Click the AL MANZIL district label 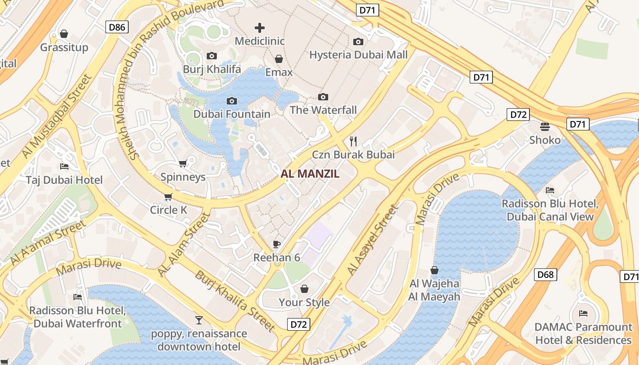coord(310,173)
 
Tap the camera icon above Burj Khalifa coord(212,56)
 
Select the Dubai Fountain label coord(232,114)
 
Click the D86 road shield coord(117,27)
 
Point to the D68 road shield coord(545,274)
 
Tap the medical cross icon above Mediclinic coord(260,28)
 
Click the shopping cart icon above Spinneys coord(183,163)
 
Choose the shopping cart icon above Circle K coord(168,197)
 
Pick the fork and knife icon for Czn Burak coord(353,141)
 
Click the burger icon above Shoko coord(545,126)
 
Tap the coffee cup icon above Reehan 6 coord(277,244)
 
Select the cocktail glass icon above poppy coord(199,320)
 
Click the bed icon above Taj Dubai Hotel coord(64,167)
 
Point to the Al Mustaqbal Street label coord(57,117)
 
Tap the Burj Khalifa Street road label coord(236,301)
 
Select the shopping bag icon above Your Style coord(304,289)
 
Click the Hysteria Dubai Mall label coord(358,55)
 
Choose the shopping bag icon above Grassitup coord(64,34)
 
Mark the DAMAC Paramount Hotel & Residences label coord(583,334)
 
